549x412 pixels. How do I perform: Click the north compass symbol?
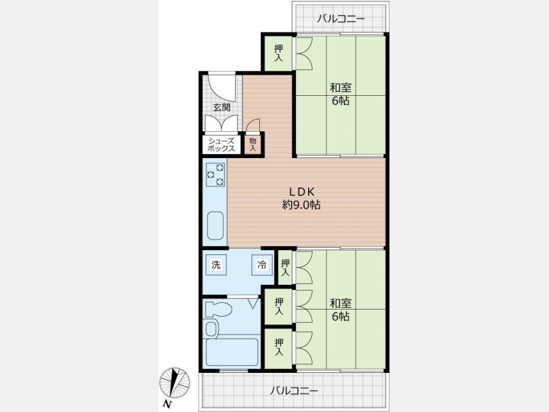coord(174,384)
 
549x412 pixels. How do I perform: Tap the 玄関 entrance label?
coord(221,107)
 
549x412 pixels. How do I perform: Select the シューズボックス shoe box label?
coord(221,144)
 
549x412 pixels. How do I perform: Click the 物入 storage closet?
coord(253,144)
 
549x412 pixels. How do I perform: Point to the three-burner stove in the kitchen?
coord(215,175)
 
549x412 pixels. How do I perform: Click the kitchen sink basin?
coord(215,226)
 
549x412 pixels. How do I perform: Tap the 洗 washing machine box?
coord(216,265)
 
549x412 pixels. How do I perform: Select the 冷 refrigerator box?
coord(262,265)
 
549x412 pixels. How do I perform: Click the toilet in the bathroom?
coord(218,309)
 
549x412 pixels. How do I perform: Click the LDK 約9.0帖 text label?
coord(301,198)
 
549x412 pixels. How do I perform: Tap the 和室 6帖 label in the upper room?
coord(340,94)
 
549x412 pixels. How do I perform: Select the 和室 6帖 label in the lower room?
coord(340,309)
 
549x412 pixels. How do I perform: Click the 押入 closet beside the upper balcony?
coord(278,53)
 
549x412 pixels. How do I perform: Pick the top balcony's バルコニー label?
coord(340,18)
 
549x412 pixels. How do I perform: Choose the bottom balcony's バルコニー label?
coord(294,390)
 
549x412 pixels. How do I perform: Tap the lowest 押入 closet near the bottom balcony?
coord(279,347)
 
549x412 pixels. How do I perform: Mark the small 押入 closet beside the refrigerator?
coord(285,267)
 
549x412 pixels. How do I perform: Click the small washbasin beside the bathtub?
coord(211,328)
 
